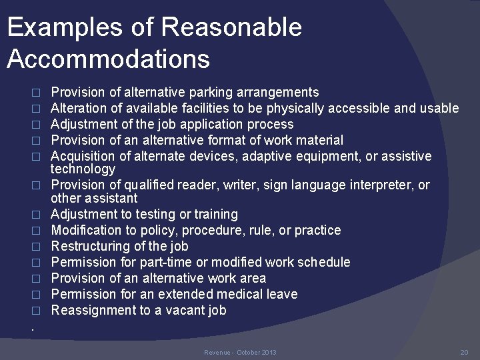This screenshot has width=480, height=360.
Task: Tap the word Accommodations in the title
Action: click(109, 59)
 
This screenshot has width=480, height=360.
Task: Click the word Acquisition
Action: click(83, 156)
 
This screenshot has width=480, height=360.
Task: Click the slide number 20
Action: click(465, 352)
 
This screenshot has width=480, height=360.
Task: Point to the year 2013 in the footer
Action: click(269, 352)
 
